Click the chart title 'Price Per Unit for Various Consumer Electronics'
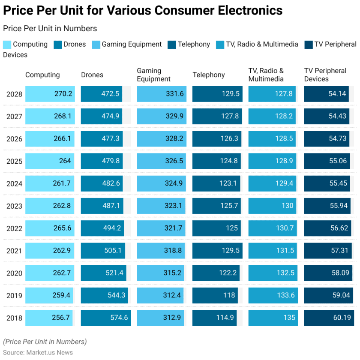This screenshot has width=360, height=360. (x=143, y=10)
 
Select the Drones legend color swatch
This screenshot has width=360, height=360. (x=58, y=45)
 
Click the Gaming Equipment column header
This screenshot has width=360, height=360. (x=153, y=75)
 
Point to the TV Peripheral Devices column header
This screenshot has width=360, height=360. (x=325, y=75)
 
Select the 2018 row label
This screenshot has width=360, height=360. (x=14, y=318)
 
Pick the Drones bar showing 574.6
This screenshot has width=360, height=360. (x=106, y=318)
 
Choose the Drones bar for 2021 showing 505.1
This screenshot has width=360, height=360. (x=103, y=251)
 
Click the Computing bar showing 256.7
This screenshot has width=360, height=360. (x=49, y=318)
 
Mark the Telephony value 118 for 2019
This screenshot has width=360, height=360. (x=229, y=296)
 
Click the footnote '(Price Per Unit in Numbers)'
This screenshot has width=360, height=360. (x=45, y=342)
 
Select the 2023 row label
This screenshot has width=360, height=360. (x=14, y=206)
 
